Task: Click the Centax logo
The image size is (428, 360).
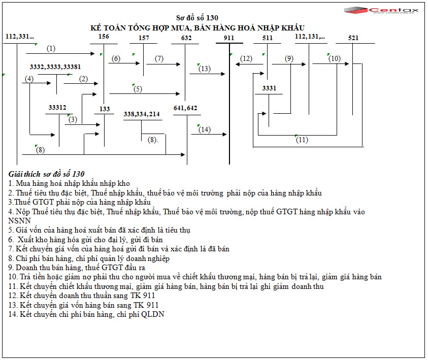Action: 375,10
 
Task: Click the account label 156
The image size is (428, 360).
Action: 103,37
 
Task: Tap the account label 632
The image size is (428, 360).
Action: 186,38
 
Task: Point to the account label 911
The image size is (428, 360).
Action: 228,38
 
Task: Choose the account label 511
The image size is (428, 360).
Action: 268,38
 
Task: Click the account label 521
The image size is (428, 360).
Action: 354,38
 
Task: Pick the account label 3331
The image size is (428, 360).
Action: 269,88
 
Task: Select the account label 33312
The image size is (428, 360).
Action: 57,108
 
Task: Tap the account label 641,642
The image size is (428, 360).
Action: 185,108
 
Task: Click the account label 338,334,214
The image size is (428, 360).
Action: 142,114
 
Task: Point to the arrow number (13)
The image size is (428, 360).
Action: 205,69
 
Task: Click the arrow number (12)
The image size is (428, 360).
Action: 246,59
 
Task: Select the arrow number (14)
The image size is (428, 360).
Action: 204,129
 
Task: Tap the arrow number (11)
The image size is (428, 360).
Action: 302,140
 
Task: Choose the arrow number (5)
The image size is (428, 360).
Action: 138,89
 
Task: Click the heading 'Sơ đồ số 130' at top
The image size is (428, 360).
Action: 197,18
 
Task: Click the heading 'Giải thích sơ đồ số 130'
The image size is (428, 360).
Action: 47,174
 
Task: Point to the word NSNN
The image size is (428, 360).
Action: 19,221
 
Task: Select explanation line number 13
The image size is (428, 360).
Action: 83,305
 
